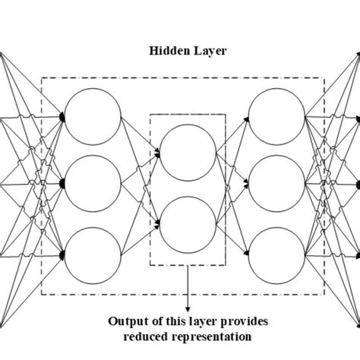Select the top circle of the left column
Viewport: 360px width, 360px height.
click(93, 118)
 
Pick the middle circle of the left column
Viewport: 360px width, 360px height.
click(93, 185)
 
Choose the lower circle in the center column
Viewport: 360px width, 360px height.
click(188, 223)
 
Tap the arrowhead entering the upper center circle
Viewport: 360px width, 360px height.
click(157, 153)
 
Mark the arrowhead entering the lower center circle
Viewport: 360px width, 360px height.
click(157, 223)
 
